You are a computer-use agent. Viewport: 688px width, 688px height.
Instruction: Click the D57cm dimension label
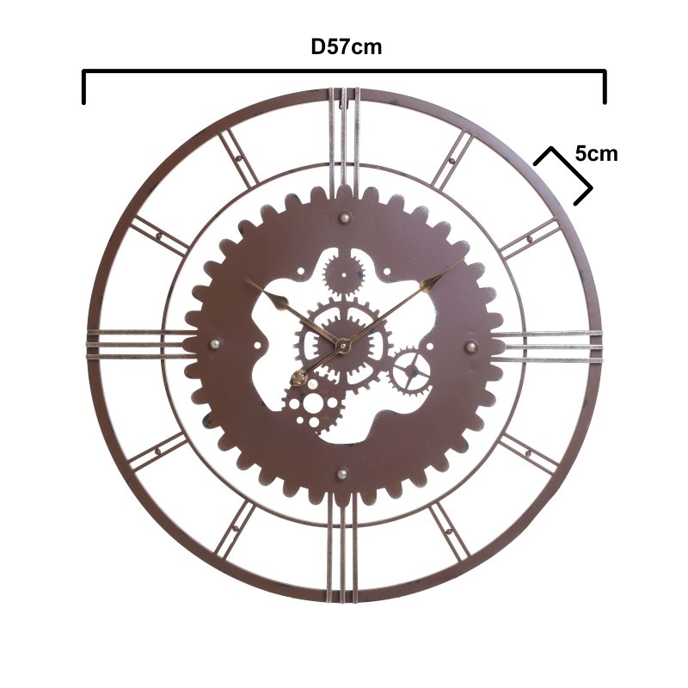click(x=347, y=47)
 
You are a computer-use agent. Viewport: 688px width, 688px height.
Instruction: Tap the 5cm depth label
click(x=596, y=154)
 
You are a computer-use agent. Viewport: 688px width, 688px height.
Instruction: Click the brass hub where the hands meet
click(x=342, y=346)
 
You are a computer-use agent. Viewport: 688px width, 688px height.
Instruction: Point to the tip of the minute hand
click(x=464, y=260)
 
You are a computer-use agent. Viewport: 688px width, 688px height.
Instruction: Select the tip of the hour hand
click(x=246, y=279)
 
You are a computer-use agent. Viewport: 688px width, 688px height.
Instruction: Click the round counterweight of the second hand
click(x=299, y=378)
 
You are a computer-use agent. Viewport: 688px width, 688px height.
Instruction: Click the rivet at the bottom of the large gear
click(x=342, y=474)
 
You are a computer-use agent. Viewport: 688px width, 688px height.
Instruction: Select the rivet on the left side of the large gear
click(x=216, y=343)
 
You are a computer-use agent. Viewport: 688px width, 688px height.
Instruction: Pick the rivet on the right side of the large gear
click(x=471, y=347)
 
